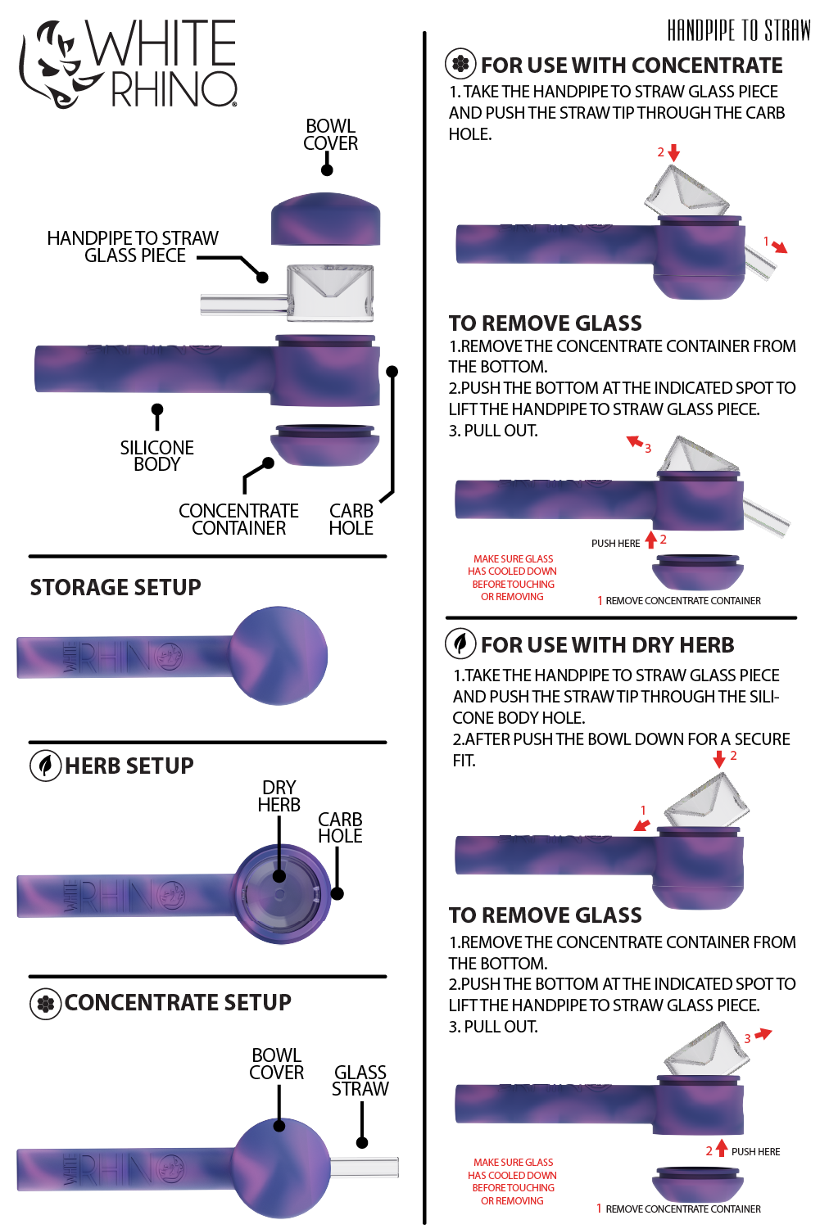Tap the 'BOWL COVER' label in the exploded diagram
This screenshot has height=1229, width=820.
(330, 135)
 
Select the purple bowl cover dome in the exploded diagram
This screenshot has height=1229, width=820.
(325, 219)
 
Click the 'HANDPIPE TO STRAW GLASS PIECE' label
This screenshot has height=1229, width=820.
(133, 246)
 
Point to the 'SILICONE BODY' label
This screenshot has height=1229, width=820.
(156, 456)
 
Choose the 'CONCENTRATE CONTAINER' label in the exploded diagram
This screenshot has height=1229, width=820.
(238, 520)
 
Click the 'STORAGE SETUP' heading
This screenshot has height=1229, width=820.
(116, 588)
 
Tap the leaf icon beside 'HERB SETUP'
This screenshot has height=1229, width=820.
(46, 766)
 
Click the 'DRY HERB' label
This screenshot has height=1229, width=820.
(279, 797)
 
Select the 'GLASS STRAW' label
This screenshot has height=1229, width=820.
(360, 1081)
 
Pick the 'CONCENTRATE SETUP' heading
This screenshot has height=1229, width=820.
(178, 1003)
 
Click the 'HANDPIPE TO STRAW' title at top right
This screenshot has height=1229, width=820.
(739, 31)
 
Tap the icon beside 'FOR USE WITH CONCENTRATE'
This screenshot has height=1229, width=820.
(460, 64)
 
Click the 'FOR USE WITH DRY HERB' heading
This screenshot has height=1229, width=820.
(607, 645)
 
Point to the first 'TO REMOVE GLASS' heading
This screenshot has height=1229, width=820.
(545, 323)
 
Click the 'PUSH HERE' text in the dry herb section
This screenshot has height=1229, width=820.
(755, 1152)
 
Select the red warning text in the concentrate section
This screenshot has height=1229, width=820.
(513, 578)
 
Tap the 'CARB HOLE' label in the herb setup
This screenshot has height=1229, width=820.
(340, 828)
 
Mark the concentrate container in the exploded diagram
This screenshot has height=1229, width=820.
(325, 445)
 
